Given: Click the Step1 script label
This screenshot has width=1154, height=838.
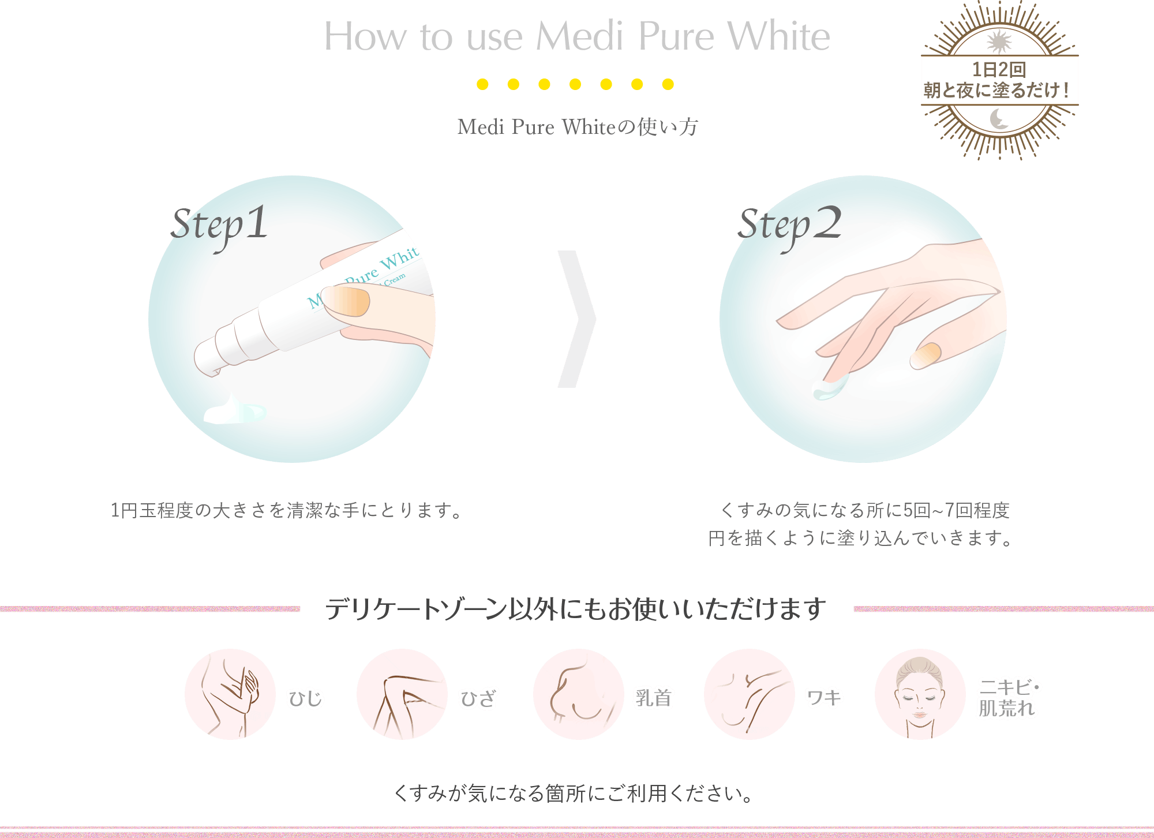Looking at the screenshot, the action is (x=220, y=225).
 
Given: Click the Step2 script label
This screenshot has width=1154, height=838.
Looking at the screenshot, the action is (x=789, y=225).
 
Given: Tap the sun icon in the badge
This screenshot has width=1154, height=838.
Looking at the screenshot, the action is (x=999, y=42).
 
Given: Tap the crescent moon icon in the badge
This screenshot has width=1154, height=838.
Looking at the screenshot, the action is (x=999, y=119).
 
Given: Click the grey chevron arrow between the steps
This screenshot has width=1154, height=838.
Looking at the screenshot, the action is (x=577, y=319).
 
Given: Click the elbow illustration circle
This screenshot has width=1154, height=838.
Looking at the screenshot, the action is (x=230, y=694).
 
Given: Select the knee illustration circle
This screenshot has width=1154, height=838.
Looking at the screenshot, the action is (x=402, y=694).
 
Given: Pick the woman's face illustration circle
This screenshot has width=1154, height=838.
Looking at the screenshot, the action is (x=920, y=694).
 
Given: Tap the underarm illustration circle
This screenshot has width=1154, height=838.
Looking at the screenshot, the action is (x=750, y=694).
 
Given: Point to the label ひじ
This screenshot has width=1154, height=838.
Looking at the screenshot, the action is (x=305, y=698).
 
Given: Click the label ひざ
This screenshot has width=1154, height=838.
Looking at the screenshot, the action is (x=478, y=698).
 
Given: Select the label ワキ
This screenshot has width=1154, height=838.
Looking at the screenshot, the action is (x=824, y=698).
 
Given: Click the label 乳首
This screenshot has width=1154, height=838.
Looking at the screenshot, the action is (x=653, y=698).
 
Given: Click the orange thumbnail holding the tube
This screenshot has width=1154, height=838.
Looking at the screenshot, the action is (x=345, y=301).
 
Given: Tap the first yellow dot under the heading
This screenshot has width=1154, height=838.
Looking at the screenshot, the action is (x=482, y=84).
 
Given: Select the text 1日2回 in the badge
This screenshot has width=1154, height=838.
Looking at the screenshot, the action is (x=999, y=70).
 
